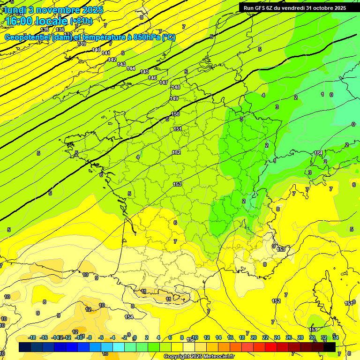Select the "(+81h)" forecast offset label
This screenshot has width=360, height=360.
click(81, 21)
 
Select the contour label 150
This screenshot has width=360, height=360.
click(176, 114)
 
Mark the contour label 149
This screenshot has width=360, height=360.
click(174, 98)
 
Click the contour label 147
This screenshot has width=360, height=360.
click(164, 82)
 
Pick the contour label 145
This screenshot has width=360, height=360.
click(145, 72)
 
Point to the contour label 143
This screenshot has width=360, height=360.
click(121, 64)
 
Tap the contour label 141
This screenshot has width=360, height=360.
click(106, 53)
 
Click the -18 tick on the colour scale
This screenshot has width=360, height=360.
click(32, 337)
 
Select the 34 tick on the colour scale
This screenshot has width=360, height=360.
click(336, 337)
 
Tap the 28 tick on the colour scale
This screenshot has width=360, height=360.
click(300, 337)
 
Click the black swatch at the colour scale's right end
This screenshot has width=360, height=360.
click(330, 347)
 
